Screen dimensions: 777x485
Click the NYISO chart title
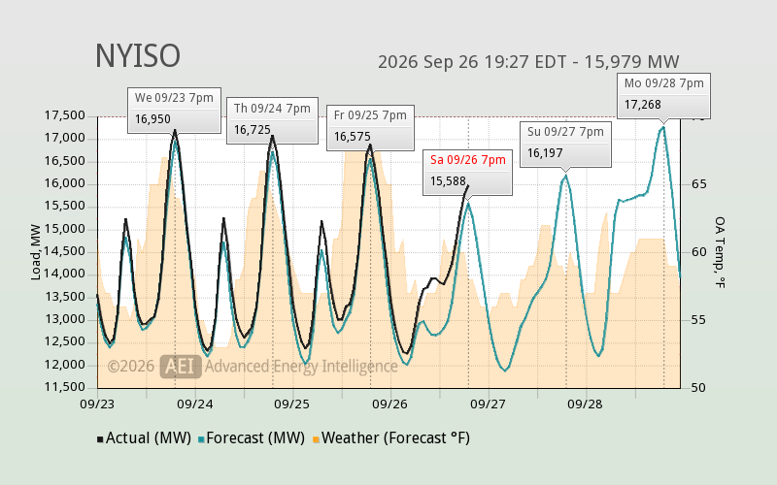138,56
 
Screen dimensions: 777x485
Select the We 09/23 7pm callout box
174,110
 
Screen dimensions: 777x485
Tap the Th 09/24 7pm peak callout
272,120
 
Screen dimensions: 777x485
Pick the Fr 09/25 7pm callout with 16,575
370,127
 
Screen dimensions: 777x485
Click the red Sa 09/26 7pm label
468,160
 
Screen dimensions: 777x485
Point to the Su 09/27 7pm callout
565,144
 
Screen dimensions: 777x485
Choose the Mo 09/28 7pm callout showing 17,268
663,96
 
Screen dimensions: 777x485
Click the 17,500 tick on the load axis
65,115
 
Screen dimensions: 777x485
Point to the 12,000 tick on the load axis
65,366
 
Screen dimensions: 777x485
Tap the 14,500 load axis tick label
65,252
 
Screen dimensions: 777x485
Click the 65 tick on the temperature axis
698,184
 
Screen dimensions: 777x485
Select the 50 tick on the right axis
698,388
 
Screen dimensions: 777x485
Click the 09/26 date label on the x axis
389,404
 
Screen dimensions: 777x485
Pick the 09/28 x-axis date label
585,404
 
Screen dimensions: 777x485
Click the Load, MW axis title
36,252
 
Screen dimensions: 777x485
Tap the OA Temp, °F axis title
720,252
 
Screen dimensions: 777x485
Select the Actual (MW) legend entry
144,438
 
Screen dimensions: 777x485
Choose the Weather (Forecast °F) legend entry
391,438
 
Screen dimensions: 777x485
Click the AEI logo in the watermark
181,367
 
